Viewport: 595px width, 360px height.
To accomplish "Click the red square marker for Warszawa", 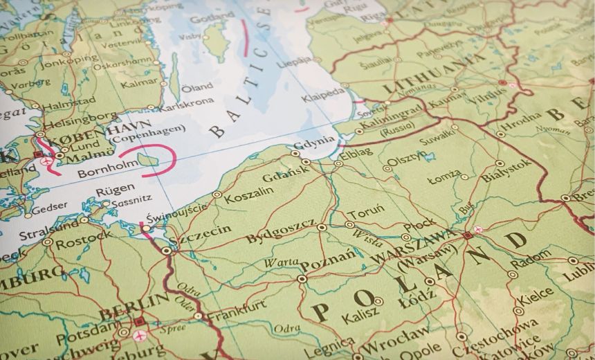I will pyautogui.click(x=468, y=235).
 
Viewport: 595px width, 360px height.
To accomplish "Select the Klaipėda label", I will pyautogui.click(x=322, y=96).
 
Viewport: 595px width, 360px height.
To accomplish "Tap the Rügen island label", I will pyautogui.click(x=112, y=191).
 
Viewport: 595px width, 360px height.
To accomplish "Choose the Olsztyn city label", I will pyautogui.click(x=402, y=163).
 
